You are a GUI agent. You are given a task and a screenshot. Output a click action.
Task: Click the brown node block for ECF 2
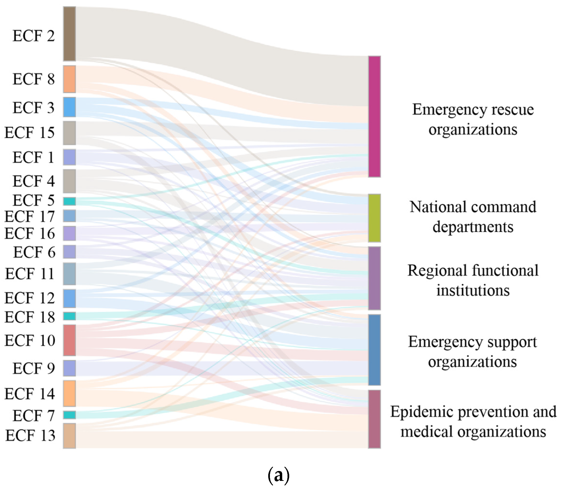coord(69,34)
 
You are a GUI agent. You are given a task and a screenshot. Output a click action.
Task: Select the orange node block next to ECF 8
coord(69,79)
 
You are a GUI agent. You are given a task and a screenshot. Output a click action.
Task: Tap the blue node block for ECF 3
coord(69,107)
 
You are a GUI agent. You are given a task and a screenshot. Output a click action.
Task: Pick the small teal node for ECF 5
coord(69,201)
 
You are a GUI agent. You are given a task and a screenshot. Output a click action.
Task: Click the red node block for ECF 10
coord(69,340)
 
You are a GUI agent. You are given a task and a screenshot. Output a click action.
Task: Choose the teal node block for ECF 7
coord(69,415)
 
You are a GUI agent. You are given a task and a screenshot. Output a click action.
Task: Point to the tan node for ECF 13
coord(69,436)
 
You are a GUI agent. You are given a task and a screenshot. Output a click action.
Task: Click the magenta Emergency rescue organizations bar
coord(374,116)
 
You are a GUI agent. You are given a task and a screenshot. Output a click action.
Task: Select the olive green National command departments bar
coord(374,218)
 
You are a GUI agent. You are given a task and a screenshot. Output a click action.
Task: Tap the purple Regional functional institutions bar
coord(374,278)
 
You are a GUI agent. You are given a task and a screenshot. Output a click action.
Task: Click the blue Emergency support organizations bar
coord(374,350)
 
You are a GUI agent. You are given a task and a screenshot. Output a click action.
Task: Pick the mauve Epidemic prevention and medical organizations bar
coord(374,419)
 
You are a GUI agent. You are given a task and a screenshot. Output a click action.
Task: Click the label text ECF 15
coord(30,133)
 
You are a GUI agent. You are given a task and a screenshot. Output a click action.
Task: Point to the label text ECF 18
coord(30,317)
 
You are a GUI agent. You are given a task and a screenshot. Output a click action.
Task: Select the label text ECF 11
coord(30,274)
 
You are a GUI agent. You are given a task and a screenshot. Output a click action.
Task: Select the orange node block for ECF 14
coord(69,393)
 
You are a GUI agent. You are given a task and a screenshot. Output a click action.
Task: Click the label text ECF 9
coord(34,368)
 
